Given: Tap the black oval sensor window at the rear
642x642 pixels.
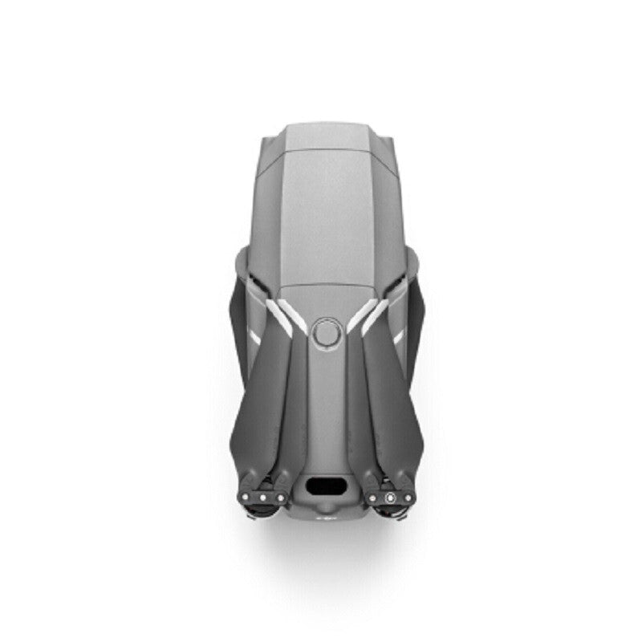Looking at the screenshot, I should [x=327, y=486].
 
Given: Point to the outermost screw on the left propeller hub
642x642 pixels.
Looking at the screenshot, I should [x=247, y=496].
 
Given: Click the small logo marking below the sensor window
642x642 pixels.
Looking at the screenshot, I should [x=327, y=518].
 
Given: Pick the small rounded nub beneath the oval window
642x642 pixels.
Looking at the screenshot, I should [x=327, y=508].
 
